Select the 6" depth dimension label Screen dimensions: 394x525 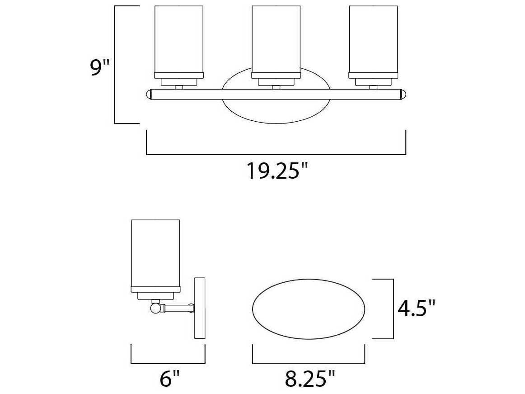169,379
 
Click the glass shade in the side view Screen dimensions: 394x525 155,253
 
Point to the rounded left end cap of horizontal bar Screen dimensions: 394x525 148,95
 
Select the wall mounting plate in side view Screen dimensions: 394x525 200,308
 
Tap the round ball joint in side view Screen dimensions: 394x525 155,308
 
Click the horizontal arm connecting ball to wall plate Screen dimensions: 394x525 178,308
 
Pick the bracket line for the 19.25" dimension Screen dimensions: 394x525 276,155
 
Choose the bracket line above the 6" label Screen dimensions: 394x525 168,363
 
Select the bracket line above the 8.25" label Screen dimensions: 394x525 309,363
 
